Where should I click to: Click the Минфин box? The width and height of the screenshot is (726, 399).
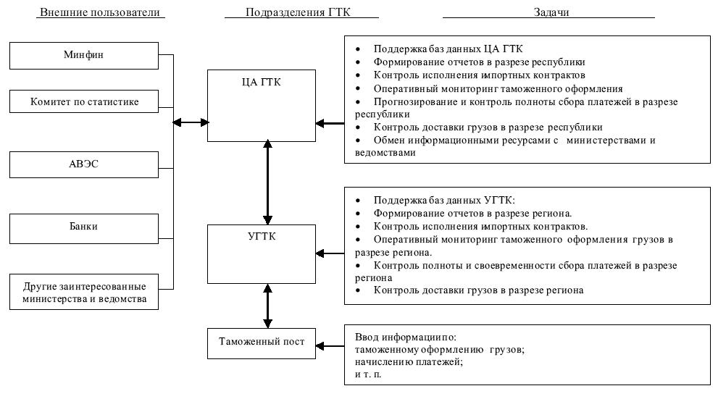(x=85, y=56)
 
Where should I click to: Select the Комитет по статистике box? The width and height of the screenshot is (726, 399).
(x=85, y=102)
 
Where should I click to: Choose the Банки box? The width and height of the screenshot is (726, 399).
(x=85, y=227)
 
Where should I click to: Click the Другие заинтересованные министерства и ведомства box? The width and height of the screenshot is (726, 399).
(x=85, y=291)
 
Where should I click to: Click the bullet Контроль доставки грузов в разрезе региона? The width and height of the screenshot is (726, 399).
(x=478, y=291)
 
